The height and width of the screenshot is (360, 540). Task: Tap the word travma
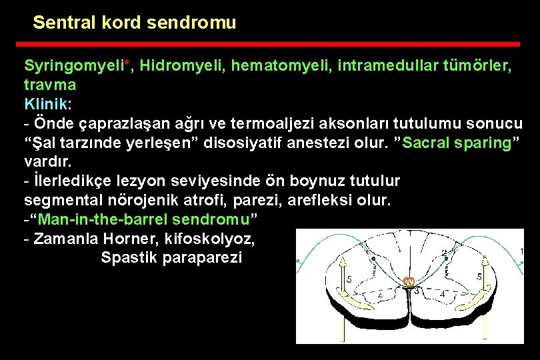coord(50,85)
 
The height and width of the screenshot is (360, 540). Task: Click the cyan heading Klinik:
coord(48,105)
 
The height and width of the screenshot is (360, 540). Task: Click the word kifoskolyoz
coord(193,238)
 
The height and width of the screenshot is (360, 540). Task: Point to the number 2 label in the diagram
coord(444,252)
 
